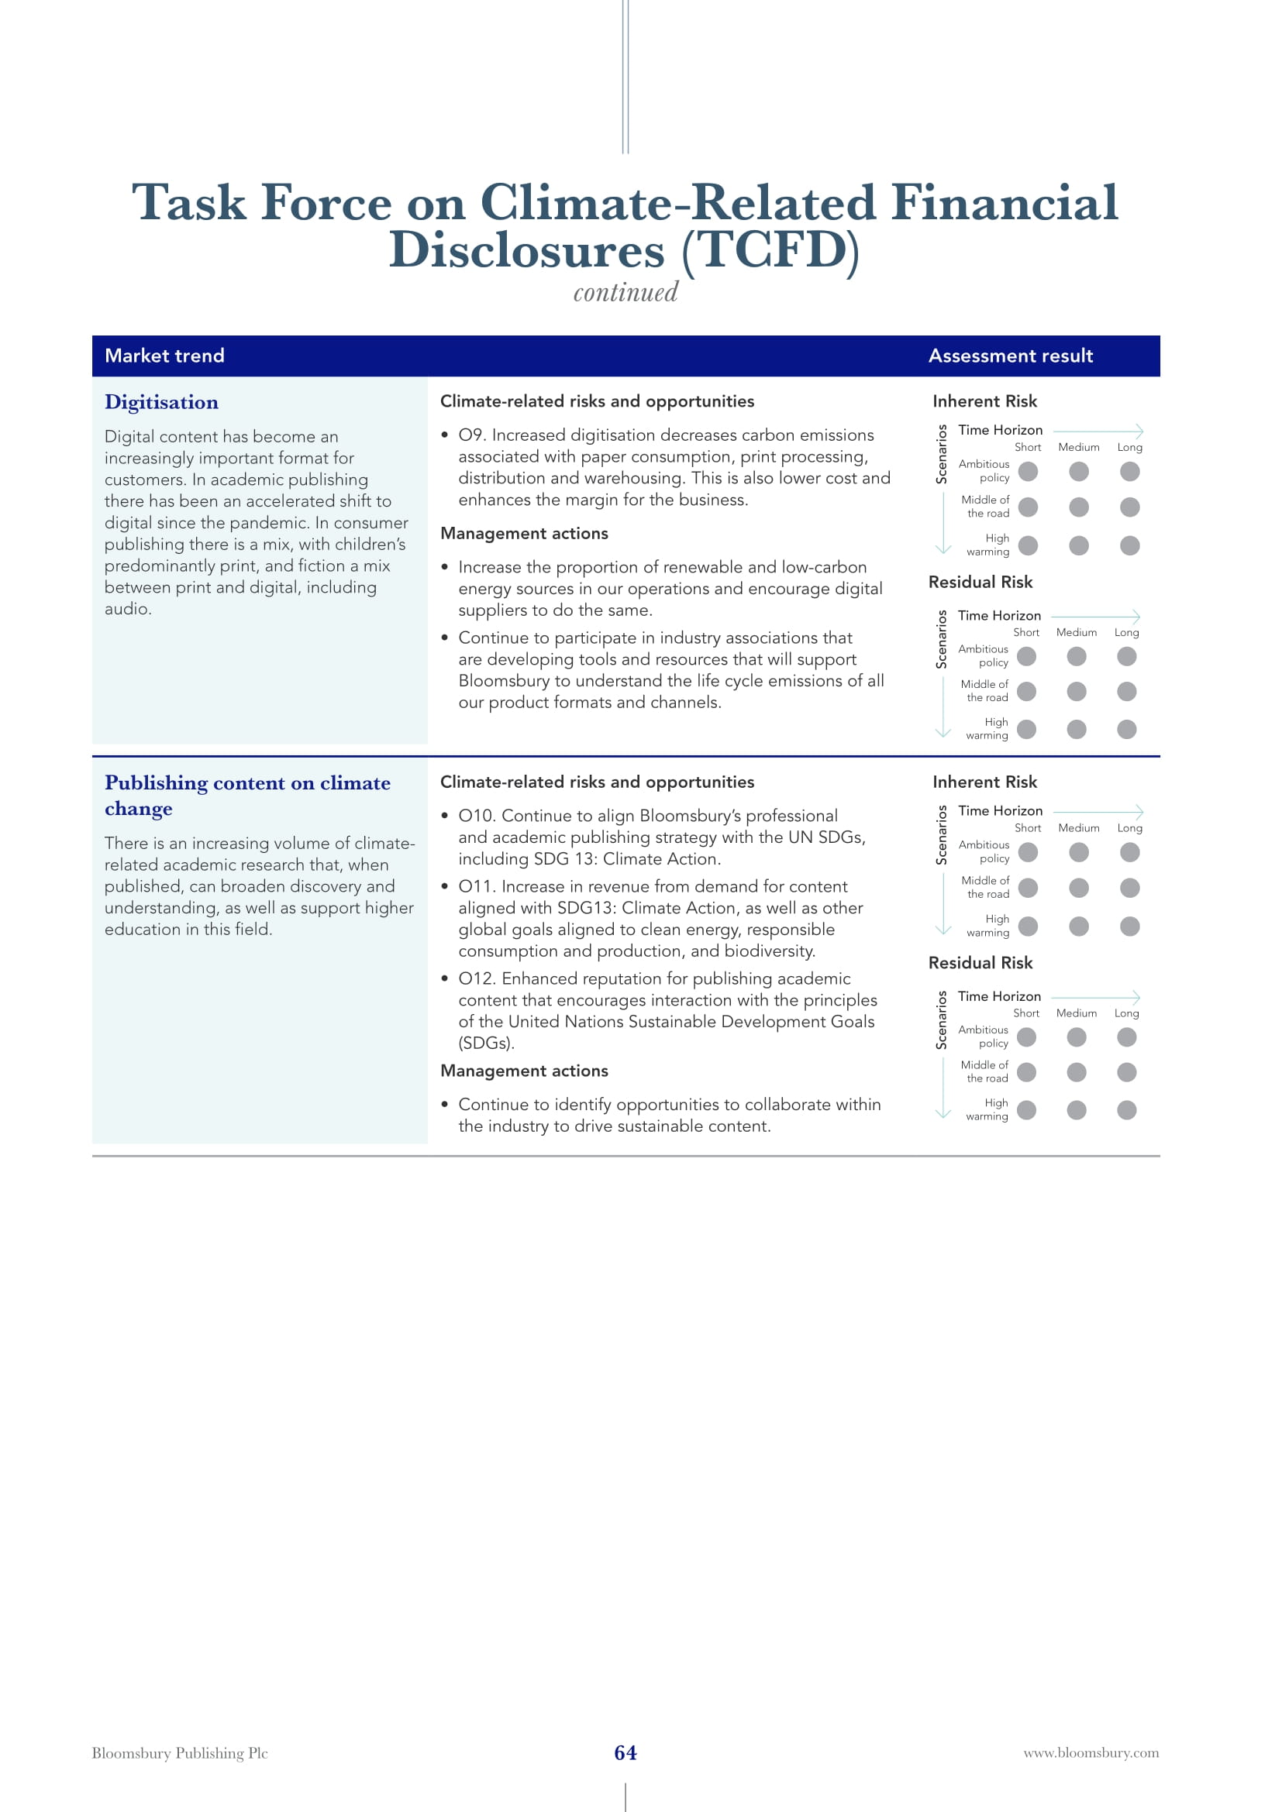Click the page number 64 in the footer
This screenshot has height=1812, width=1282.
625,1753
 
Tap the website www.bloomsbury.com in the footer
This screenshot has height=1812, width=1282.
1091,1753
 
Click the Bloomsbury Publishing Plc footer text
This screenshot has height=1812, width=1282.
180,1753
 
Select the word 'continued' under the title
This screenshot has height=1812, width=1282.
625,293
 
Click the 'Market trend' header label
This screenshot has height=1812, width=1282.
164,356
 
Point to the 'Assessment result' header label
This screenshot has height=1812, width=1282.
1011,356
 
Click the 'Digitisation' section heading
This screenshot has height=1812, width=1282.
162,403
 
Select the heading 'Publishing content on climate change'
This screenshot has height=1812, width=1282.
247,795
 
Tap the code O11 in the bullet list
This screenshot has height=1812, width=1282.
477,886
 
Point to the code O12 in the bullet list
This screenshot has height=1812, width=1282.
477,978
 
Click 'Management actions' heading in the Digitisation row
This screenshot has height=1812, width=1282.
524,534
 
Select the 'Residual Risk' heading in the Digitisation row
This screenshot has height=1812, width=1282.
980,583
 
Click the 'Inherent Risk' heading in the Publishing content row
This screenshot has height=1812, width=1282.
984,782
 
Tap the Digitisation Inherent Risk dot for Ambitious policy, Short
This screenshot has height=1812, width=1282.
1028,471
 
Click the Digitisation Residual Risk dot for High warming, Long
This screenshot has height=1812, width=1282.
1126,729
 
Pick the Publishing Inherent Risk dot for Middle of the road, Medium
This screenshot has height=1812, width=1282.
1078,888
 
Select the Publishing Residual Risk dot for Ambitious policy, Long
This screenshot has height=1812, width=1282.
1126,1037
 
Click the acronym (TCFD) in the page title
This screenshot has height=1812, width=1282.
770,251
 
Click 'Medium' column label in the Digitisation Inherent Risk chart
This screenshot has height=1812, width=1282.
1078,448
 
